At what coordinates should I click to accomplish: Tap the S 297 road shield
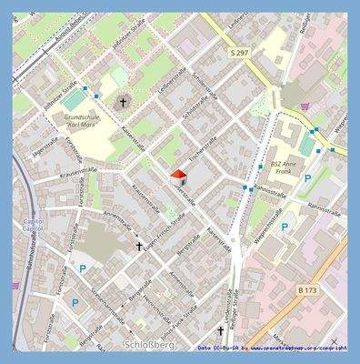click(x=239, y=54)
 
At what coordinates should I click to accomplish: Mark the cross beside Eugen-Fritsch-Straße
click(x=139, y=245)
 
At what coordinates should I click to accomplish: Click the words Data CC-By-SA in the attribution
click(x=217, y=348)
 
